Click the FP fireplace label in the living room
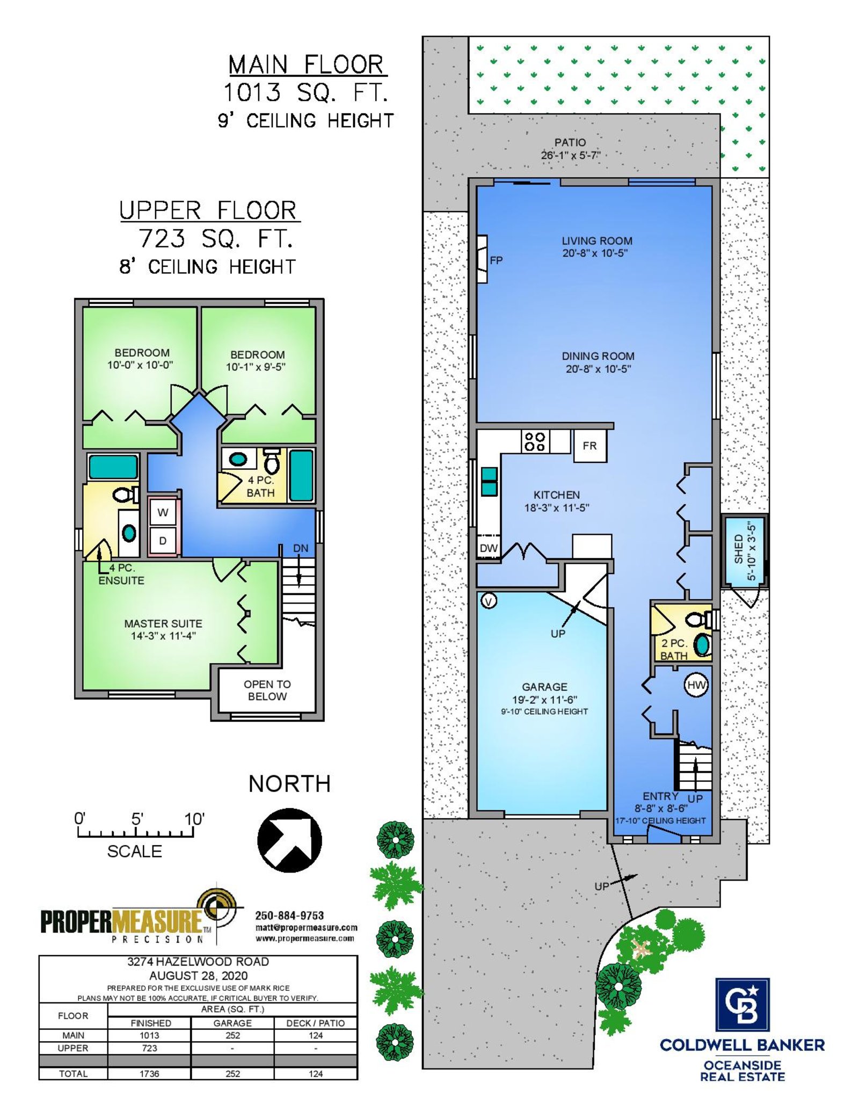click(x=496, y=260)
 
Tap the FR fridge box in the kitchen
click(x=590, y=446)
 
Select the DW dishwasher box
click(x=489, y=548)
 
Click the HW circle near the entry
click(x=696, y=685)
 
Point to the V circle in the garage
click(x=489, y=601)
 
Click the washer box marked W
click(x=163, y=512)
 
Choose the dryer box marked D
click(x=163, y=541)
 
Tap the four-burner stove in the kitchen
click(x=535, y=441)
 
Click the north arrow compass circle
click(x=289, y=840)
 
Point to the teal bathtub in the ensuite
click(x=113, y=467)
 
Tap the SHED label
click(x=739, y=549)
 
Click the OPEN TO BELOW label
click(x=267, y=691)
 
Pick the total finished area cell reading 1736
click(x=149, y=1074)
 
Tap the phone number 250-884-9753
click(x=289, y=915)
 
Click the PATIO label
click(x=570, y=142)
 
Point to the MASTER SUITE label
click(x=163, y=623)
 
